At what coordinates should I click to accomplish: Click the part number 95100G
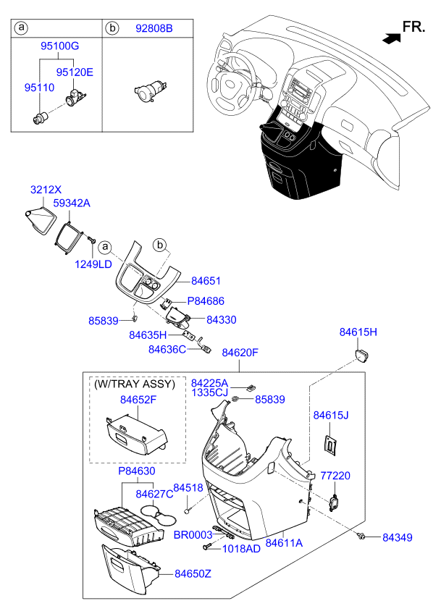pos(60,46)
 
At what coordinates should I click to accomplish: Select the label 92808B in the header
pos(154,28)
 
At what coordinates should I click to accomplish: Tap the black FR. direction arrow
pos(391,38)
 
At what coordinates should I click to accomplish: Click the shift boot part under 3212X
pos(40,222)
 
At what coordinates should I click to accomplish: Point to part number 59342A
pos(72,203)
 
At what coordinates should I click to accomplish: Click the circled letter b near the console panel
pos(159,245)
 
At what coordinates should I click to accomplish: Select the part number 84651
pos(206,281)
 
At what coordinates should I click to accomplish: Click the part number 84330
pos(222,319)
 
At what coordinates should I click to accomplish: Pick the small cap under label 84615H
pos(362,356)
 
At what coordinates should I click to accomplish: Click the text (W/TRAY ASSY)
pos(135,384)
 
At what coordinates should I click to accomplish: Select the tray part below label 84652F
pos(137,434)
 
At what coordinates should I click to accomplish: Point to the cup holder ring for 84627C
pos(158,515)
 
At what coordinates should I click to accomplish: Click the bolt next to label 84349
pos(362,536)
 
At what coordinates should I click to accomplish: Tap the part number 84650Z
pos(193,573)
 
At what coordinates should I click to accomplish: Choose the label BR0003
pos(193,534)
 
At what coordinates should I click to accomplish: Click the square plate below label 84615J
pos(331,445)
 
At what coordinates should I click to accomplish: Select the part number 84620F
pos(240,353)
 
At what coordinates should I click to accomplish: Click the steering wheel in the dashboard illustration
pos(230,83)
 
